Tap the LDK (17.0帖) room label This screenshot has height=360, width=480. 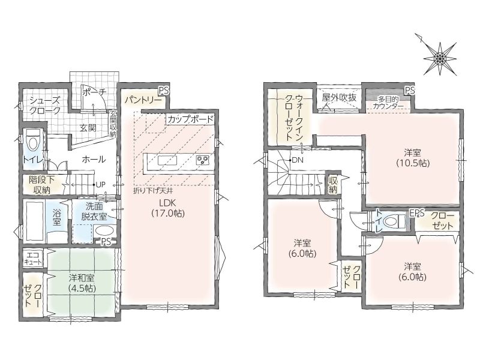point(168,208)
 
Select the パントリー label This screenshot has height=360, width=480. point(143,100)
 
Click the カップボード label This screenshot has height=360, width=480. point(190,119)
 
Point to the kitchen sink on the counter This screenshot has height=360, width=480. point(167,160)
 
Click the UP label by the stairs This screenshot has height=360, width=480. point(100,185)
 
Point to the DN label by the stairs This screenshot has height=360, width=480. point(297,160)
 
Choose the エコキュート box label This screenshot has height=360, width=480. point(33,259)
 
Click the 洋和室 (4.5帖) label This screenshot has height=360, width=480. point(82,283)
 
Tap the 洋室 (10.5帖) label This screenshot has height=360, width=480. point(413,158)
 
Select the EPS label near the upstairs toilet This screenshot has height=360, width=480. point(416,214)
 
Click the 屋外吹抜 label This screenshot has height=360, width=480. point(339,97)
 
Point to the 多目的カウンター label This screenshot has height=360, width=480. point(389,103)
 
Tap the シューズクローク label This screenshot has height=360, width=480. point(44,106)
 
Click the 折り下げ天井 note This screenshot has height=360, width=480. point(153,191)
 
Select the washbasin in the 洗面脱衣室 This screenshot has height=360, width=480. point(104,231)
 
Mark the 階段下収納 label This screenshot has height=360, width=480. point(41,185)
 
